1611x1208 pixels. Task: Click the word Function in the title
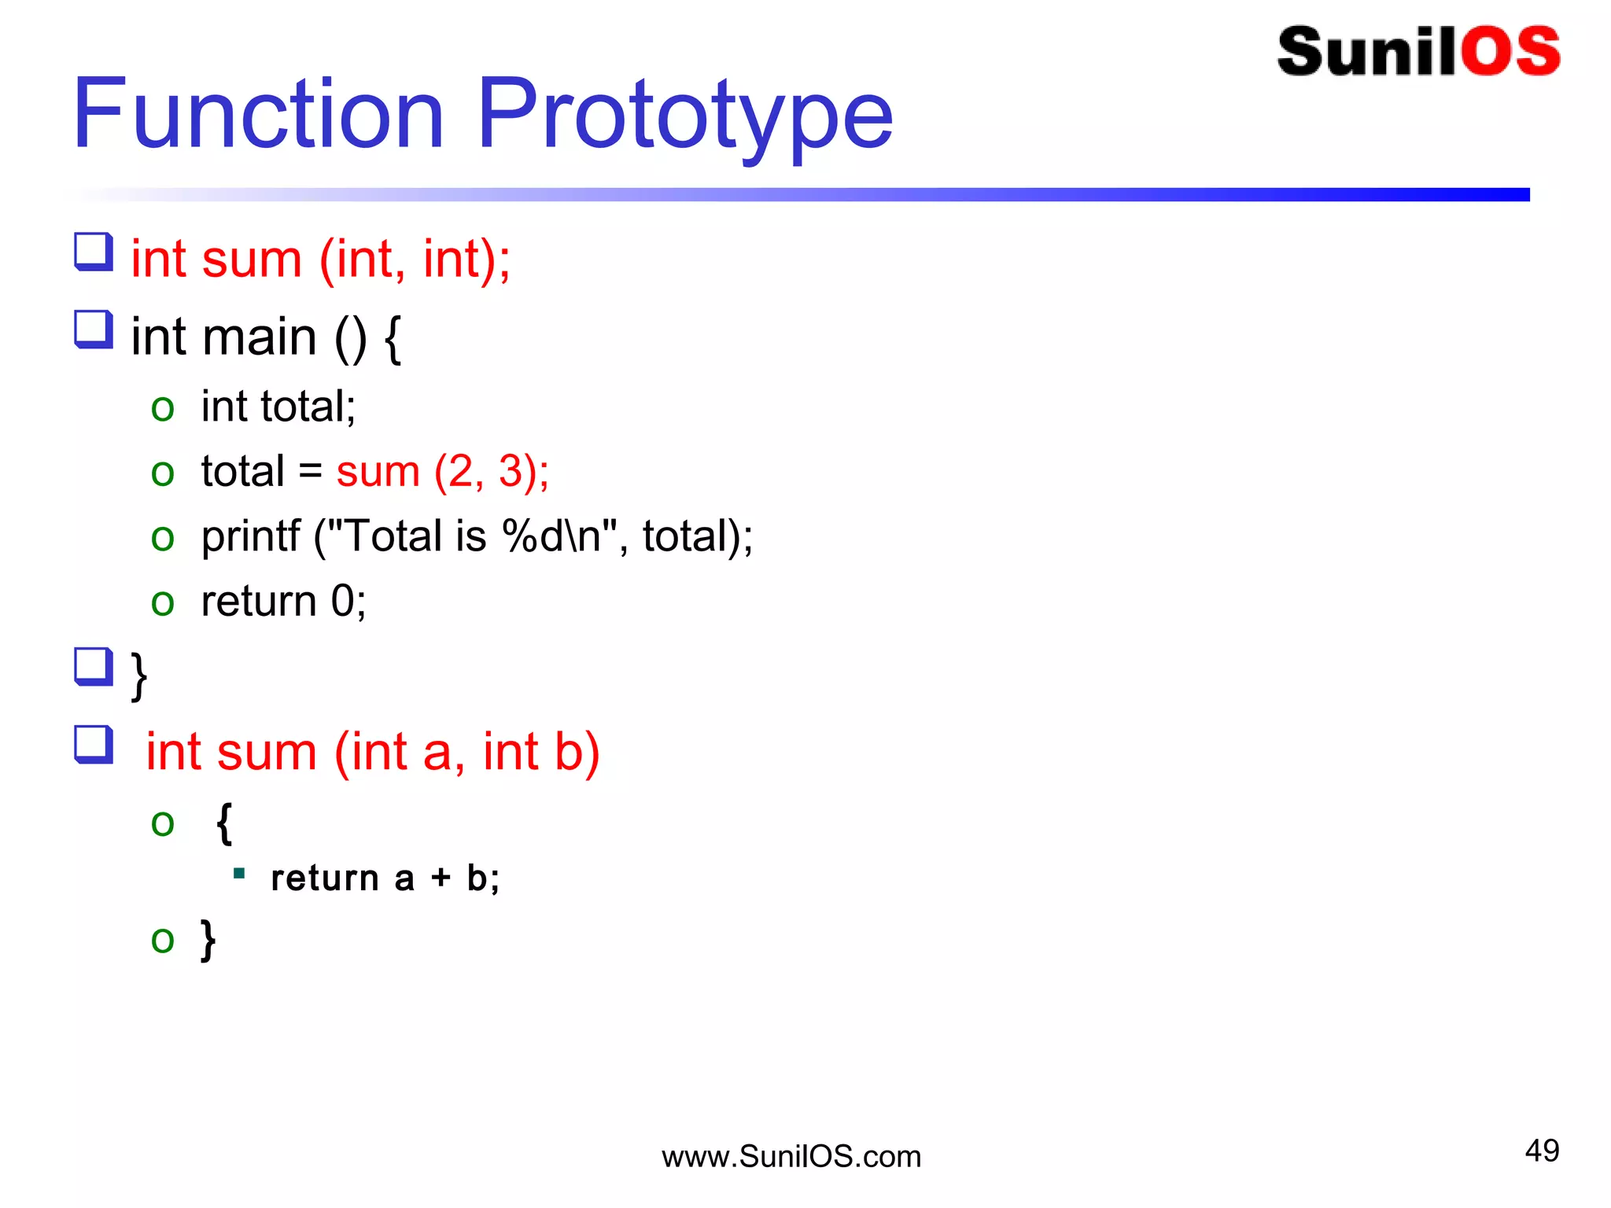[258, 114]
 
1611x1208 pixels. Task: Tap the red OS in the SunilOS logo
[1510, 52]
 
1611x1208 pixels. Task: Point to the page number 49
[1542, 1151]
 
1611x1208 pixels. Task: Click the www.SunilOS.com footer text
[791, 1157]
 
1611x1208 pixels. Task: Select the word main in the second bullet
[259, 337]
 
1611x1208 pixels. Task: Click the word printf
[250, 537]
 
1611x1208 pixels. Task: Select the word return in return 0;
[258, 602]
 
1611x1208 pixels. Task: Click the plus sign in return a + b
[441, 878]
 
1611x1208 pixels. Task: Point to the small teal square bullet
[240, 873]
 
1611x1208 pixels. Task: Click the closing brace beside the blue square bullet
[139, 675]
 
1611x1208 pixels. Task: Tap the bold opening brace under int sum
[224, 823]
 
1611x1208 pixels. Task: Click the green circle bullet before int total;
[163, 408]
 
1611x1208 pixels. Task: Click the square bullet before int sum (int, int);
[94, 252]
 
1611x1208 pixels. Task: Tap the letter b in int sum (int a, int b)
[567, 752]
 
